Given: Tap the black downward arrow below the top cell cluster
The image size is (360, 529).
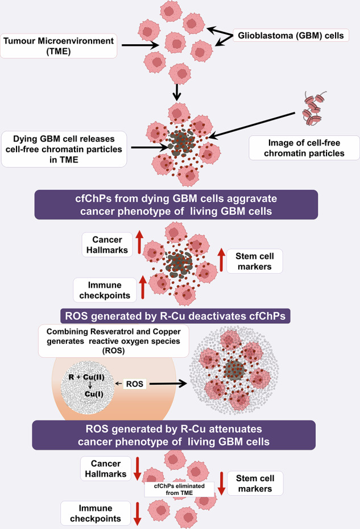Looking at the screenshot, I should tap(178, 90).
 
